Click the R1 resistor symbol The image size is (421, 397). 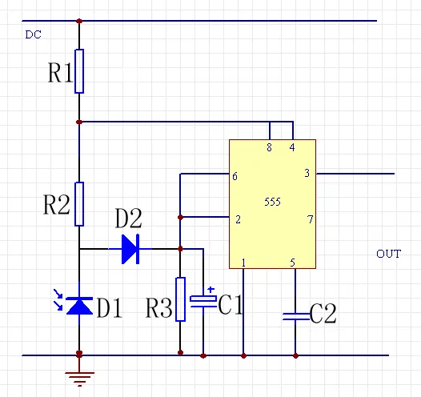pyautogui.click(x=79, y=71)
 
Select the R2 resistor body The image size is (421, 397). pyautogui.click(x=79, y=204)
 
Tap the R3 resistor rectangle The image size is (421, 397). pyautogui.click(x=180, y=299)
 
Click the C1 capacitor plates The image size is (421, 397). pyautogui.click(x=203, y=301)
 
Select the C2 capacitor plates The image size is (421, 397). pyautogui.click(x=295, y=316)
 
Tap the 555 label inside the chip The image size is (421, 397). pyautogui.click(x=272, y=202)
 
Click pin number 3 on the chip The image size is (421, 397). pyautogui.click(x=307, y=173)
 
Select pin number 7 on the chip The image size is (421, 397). pyautogui.click(x=311, y=219)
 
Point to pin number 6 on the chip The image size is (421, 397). pyautogui.click(x=235, y=176)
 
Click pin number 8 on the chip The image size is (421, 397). pyautogui.click(x=269, y=147)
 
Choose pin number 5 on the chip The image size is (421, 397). pyautogui.click(x=293, y=263)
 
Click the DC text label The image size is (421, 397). pyautogui.click(x=34, y=34)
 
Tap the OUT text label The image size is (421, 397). pyautogui.click(x=389, y=254)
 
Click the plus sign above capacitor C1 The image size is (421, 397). pyautogui.click(x=211, y=290)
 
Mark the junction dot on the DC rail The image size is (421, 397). pyautogui.click(x=79, y=21)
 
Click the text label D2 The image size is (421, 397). pyautogui.click(x=128, y=219)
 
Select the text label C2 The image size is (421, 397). pyautogui.click(x=323, y=313)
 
